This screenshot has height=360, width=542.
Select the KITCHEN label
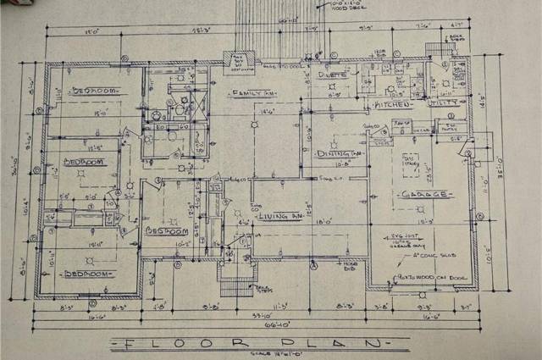(x=392, y=104)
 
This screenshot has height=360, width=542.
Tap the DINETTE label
(x=333, y=75)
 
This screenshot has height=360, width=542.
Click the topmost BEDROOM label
(x=94, y=90)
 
